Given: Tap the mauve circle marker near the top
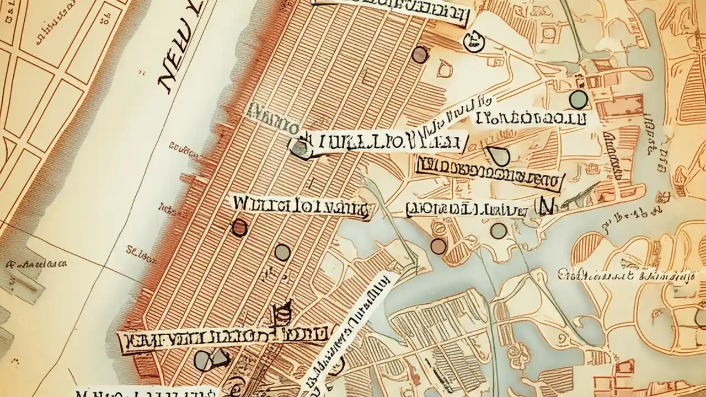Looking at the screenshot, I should coord(420,54).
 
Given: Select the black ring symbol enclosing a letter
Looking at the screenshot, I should coord(473,41).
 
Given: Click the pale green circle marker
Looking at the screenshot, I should coord(578,99).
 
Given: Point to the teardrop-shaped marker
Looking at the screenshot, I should coord(499,157).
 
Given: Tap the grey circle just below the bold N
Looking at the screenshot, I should coord(499,230).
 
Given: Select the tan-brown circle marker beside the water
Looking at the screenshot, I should coord(438,246).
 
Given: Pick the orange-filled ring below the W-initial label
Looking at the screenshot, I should coord(239,227).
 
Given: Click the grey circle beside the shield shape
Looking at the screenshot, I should coord(202,360).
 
